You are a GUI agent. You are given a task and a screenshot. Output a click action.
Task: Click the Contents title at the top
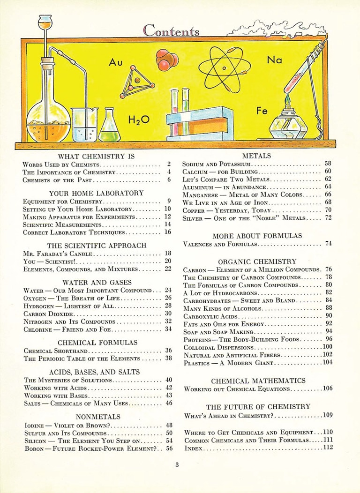tap(171, 30)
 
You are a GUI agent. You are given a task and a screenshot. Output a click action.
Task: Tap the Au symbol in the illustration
tap(115, 62)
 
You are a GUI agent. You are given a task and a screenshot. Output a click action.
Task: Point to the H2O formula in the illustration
tap(139, 120)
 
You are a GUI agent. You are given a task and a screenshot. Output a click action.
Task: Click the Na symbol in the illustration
tap(274, 60)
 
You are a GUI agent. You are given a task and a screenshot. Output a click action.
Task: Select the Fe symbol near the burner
tap(262, 111)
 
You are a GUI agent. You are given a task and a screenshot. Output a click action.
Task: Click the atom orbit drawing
tap(225, 69)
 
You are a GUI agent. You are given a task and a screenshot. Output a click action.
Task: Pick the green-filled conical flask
tap(109, 127)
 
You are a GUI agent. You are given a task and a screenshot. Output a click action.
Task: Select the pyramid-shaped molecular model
tap(137, 82)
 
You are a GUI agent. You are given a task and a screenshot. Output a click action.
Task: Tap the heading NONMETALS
tap(98, 416)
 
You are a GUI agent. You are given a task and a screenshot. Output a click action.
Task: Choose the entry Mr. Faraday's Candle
tap(59, 253)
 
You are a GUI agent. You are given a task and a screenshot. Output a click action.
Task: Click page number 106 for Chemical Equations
tap(327, 389)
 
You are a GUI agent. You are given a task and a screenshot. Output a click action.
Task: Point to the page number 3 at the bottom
tap(177, 464)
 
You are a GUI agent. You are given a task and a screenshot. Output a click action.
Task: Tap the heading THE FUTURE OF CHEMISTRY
tap(258, 406)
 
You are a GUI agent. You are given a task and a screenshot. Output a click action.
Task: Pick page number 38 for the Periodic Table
tap(169, 358)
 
